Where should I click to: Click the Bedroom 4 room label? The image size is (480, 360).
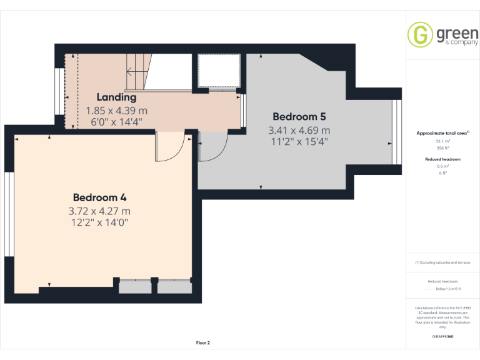100,198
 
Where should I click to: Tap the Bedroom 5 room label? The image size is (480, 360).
299,117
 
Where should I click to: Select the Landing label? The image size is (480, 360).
116,97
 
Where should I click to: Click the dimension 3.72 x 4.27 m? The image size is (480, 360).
100,211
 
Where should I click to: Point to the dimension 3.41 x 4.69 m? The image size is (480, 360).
299,130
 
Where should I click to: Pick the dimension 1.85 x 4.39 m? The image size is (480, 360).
116,110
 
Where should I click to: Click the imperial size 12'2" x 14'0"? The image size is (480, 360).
100,222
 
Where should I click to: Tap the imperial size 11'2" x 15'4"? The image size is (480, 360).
299,141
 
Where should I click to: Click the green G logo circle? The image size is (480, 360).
421,34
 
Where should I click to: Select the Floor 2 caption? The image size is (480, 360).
203,342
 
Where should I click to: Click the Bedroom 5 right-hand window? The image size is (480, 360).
395,132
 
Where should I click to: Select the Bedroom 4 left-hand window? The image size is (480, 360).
9,214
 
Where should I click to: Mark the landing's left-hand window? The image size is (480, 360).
58,92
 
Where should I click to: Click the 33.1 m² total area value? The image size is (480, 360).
442,142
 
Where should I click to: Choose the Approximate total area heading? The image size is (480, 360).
442,133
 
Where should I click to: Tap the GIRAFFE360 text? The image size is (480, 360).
442,337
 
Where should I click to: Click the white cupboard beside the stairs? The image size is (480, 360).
219,72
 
